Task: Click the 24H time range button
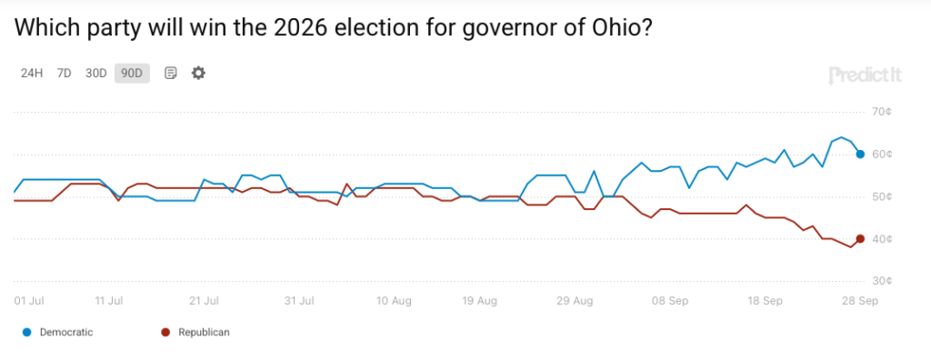[32, 74]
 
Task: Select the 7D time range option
[65, 74]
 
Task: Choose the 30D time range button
[95, 74]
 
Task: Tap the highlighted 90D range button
[132, 74]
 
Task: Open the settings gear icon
[198, 73]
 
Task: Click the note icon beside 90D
[170, 74]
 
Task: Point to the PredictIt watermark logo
[865, 75]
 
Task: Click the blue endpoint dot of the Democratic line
[860, 155]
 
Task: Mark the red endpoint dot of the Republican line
[860, 239]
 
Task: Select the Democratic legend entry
[57, 332]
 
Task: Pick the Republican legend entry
[195, 332]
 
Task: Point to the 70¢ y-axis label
[877, 112]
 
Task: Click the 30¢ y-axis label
[877, 281]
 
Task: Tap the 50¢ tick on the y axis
[877, 196]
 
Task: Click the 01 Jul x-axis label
[29, 301]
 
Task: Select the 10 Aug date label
[394, 301]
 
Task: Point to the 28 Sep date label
[860, 301]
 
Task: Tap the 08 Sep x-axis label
[670, 301]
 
